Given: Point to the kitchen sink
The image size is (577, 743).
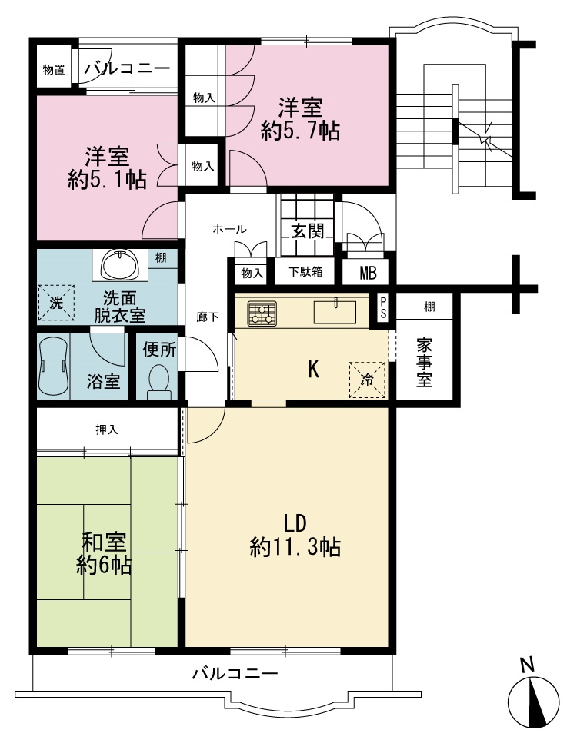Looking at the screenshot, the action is pyautogui.click(x=335, y=311).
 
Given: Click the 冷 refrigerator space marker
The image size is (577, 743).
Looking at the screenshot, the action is pyautogui.click(x=367, y=380).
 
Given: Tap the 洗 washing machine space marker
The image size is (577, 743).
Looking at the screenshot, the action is pyautogui.click(x=56, y=303).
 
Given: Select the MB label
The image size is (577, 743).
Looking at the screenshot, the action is pyautogui.click(x=368, y=273).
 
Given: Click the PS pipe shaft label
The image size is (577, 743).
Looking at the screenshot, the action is pyautogui.click(x=382, y=308).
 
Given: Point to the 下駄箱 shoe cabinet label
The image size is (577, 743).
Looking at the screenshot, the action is pyautogui.click(x=305, y=272).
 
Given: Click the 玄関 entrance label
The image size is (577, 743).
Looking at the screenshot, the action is pyautogui.click(x=308, y=231).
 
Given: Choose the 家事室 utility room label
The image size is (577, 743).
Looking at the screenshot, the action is pyautogui.click(x=424, y=362).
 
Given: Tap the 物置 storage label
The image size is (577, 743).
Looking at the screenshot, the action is pyautogui.click(x=54, y=70).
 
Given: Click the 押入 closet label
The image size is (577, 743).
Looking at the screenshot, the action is pyautogui.click(x=107, y=430).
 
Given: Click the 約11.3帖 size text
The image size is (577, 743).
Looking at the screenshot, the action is pyautogui.click(x=295, y=548).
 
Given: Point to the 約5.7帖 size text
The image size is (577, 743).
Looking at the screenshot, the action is pyautogui.click(x=300, y=130).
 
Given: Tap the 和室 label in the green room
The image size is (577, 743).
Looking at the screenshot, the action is pyautogui.click(x=104, y=542).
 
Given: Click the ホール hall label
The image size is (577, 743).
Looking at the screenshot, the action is pyautogui.click(x=230, y=229).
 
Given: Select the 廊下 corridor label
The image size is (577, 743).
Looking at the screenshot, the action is pyautogui.click(x=208, y=317).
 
